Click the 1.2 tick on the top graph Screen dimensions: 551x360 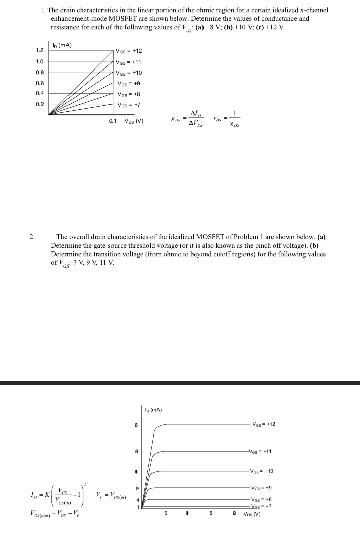point(40,50)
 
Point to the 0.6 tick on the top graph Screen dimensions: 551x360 point(40,83)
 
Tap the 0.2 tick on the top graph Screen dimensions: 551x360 point(40,104)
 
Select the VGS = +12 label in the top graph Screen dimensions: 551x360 point(129,51)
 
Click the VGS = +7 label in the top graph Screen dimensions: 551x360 point(129,105)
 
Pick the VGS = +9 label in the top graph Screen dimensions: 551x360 point(129,83)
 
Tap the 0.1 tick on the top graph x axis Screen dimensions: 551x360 point(113,121)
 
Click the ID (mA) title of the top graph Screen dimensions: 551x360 point(62,46)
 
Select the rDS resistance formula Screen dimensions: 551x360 point(226,119)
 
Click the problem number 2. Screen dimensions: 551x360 point(32,237)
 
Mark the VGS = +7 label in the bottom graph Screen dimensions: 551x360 point(261,507)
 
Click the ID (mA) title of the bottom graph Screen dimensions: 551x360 point(153,410)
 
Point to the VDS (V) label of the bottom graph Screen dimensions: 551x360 point(252,514)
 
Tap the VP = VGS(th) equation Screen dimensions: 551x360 point(111,495)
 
